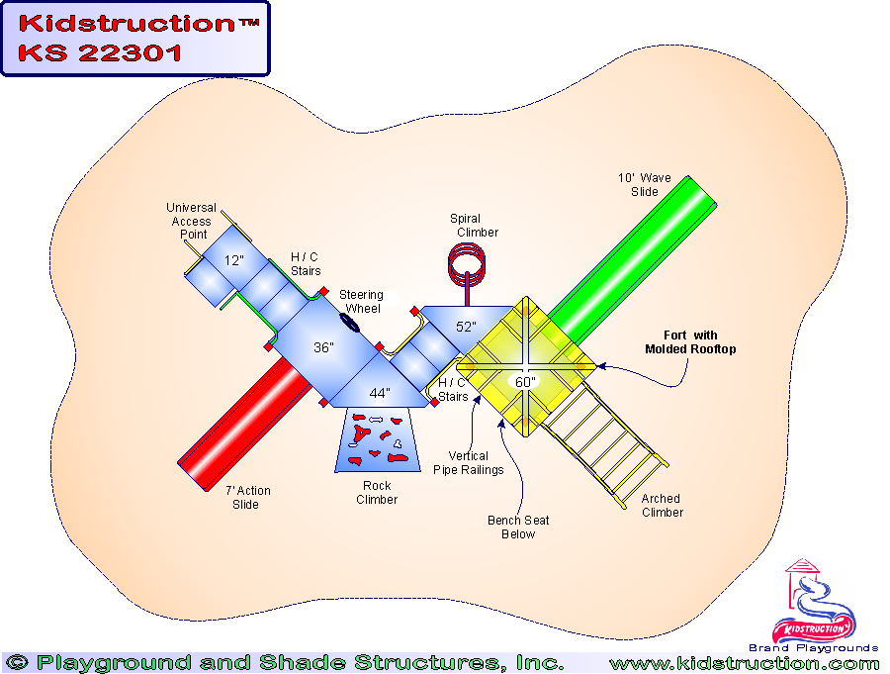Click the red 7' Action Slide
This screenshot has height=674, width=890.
click(241, 417)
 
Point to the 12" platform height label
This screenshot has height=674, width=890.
click(233, 262)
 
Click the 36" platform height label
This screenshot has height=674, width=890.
click(323, 348)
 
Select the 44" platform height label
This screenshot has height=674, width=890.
click(380, 394)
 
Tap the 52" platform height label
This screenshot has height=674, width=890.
click(466, 327)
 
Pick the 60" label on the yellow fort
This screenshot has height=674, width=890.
click(524, 382)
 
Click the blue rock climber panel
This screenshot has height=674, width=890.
click(377, 441)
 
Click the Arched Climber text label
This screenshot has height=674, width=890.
click(662, 506)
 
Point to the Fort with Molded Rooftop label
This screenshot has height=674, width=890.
click(690, 342)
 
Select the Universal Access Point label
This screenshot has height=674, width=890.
click(191, 221)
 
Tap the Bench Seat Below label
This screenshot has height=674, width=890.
click(518, 528)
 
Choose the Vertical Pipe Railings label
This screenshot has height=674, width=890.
click(468, 463)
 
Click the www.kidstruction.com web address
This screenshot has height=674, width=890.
click(744, 663)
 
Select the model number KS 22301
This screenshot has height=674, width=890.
click(100, 53)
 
